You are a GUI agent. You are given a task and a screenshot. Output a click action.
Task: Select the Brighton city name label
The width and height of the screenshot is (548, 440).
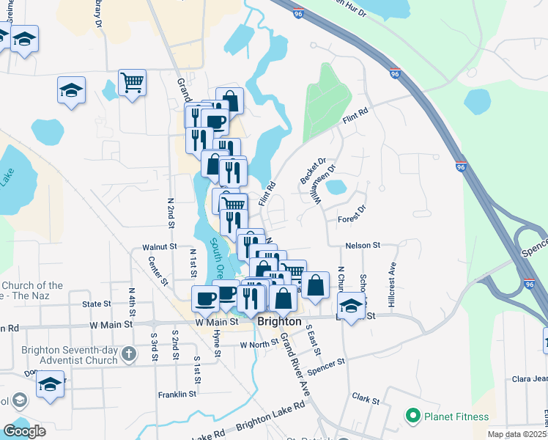[279, 321]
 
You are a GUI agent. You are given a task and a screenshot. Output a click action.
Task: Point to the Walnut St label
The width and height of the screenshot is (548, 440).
[160, 248]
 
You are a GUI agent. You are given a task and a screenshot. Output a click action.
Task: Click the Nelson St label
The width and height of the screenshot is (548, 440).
[363, 245]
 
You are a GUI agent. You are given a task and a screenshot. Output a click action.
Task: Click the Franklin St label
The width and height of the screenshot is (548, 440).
[177, 394]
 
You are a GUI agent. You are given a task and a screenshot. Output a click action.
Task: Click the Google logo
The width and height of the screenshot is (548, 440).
[24, 431]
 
